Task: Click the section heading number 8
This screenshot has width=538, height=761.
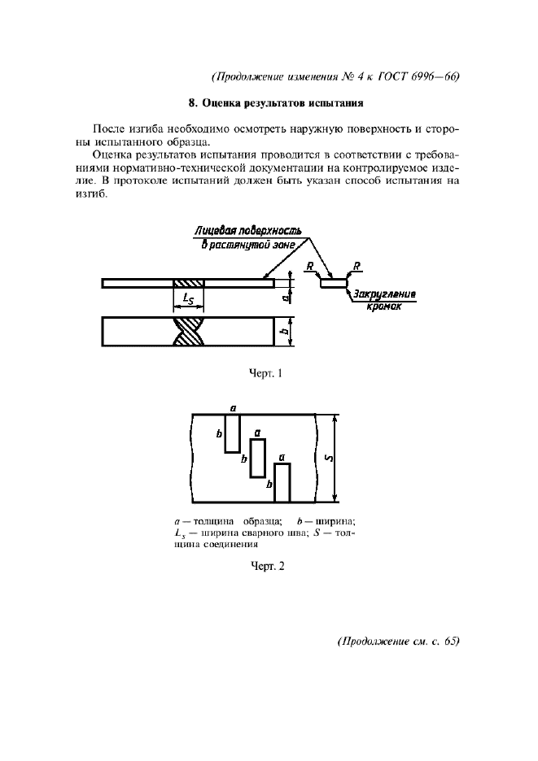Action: (x=191, y=103)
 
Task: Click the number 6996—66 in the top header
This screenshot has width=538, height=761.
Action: (x=431, y=77)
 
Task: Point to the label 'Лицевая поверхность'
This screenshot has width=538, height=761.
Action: (x=247, y=231)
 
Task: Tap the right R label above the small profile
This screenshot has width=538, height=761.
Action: (x=359, y=266)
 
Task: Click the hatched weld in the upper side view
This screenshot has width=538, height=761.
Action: (x=189, y=283)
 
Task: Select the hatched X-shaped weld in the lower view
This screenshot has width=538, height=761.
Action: (x=189, y=331)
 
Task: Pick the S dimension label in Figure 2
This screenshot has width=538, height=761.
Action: (x=326, y=458)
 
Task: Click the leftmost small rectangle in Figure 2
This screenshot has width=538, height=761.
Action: (x=232, y=433)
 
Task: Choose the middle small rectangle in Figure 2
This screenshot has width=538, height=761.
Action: (x=257, y=458)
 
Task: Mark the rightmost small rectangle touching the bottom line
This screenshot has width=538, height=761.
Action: (x=282, y=483)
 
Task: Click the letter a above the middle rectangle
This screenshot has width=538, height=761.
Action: (x=257, y=433)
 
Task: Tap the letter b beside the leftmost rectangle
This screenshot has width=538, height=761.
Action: (x=219, y=434)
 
